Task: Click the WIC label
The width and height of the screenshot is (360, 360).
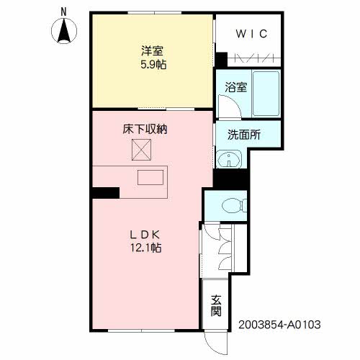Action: tap(251, 34)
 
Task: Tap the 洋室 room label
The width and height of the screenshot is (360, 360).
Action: tap(152, 51)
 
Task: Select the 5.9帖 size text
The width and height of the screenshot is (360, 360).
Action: tap(153, 64)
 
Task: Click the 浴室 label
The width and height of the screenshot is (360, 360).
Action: tap(235, 87)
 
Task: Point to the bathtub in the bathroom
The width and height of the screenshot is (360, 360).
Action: tap(266, 94)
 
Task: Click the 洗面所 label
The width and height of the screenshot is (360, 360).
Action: tap(244, 135)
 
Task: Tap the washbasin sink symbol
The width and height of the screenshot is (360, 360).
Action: tap(229, 159)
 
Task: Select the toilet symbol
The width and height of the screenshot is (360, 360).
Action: tap(235, 206)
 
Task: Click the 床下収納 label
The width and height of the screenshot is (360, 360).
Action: tap(145, 130)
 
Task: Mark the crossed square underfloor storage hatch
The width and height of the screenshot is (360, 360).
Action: tap(141, 150)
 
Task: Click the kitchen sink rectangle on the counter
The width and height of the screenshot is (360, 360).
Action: tap(150, 177)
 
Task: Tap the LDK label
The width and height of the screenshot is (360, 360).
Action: tap(145, 235)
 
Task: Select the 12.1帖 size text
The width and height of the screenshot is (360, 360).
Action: tap(145, 248)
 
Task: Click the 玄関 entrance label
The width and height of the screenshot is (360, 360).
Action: tap(216, 305)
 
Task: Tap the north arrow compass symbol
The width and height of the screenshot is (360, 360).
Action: tap(64, 31)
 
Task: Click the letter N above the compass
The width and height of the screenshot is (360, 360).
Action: tap(63, 12)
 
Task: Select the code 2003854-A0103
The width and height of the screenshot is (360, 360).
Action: tap(279, 325)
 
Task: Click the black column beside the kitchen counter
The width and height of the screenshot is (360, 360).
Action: tap(106, 193)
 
